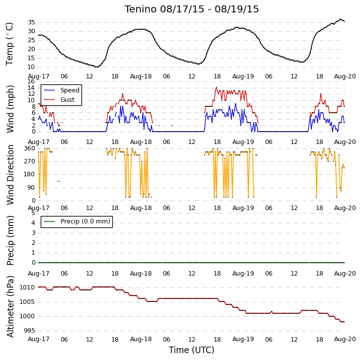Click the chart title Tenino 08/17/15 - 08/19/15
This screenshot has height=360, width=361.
[x=192, y=9]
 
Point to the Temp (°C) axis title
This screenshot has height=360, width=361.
[x=9, y=44]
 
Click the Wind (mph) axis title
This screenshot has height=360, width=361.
[x=10, y=109]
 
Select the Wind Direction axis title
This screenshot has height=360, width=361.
[x=10, y=175]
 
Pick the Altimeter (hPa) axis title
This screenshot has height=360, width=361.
[x=10, y=306]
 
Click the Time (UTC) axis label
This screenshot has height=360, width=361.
[x=192, y=350]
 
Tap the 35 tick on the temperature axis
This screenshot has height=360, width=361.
[x=31, y=22]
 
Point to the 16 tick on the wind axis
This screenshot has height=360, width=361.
[x=31, y=81]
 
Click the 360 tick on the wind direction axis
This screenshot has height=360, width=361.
[x=29, y=148]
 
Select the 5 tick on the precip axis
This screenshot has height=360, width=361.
[x=33, y=213]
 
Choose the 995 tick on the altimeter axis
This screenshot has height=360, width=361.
[x=29, y=331]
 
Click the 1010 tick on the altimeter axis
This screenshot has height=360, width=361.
[x=27, y=288]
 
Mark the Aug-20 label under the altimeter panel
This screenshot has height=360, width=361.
[x=345, y=339]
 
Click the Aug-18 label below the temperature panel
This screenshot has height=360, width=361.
[x=141, y=76]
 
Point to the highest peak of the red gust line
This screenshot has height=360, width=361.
[x=216, y=87]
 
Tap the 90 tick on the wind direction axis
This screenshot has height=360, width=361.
[x=31, y=188]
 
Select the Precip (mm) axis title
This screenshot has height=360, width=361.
[x=10, y=240]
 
